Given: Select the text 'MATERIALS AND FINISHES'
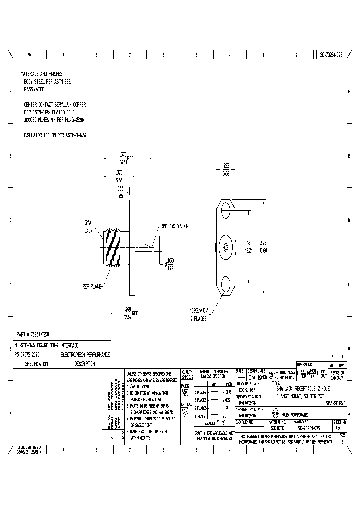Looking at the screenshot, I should [42, 74].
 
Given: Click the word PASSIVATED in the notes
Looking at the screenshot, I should [34, 89].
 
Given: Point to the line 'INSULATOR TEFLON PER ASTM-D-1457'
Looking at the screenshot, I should [55, 135].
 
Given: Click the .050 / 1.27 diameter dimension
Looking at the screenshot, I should [170, 263].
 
